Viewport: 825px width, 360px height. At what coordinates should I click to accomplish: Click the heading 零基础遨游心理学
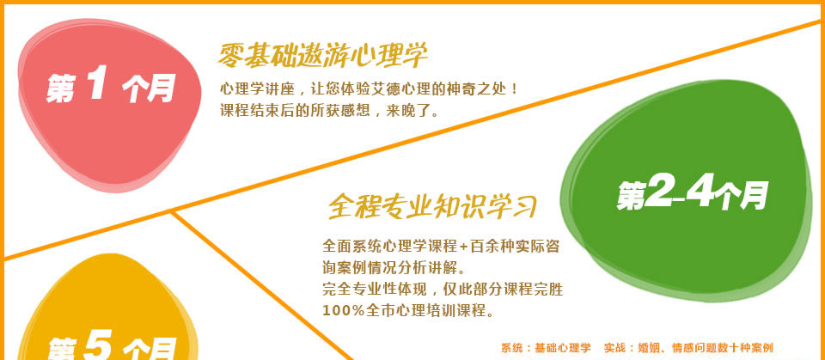pos(322,56)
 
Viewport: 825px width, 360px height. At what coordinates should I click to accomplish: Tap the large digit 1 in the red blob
pos(96,85)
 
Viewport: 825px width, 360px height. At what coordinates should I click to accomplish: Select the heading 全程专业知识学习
pos(432,206)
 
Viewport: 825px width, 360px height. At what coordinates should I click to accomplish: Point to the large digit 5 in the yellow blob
pos(97,347)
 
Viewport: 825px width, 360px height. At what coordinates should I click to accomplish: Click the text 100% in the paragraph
pos(344,310)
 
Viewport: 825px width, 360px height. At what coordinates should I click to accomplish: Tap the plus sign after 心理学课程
pos(463,247)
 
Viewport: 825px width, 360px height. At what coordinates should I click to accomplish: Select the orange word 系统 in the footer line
pos(510,348)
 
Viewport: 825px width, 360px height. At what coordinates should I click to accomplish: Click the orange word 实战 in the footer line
pos(614,348)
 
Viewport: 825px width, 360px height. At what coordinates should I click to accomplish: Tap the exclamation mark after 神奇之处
pos(514,88)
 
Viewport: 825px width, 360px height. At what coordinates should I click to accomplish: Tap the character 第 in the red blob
pos(60,88)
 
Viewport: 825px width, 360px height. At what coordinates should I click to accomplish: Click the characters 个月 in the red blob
pos(149,88)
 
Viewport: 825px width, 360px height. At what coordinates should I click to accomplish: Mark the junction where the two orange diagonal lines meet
pos(171,212)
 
